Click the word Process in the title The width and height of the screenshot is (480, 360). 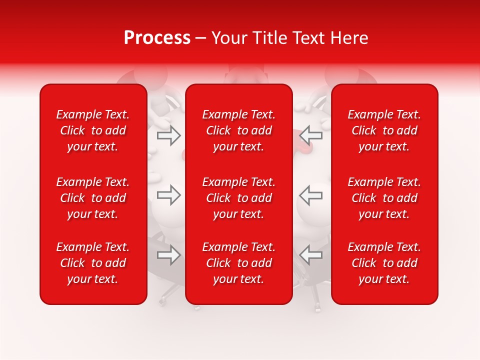click(x=157, y=38)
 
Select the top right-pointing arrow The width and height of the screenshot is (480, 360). click(x=168, y=135)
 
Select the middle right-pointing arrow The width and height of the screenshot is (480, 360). click(x=168, y=195)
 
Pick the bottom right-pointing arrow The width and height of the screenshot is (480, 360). click(x=168, y=255)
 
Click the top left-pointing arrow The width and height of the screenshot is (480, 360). click(x=311, y=135)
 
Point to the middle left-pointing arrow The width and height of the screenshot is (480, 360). click(x=311, y=195)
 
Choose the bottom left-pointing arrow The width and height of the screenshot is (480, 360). click(x=311, y=255)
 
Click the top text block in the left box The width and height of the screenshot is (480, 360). click(x=93, y=130)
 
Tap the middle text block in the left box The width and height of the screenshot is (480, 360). click(x=93, y=198)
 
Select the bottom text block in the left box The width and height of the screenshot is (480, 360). click(x=93, y=263)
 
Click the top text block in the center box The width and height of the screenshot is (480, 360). click(x=239, y=130)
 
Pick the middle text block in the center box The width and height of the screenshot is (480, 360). click(x=239, y=198)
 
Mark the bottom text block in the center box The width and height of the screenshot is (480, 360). click(x=239, y=263)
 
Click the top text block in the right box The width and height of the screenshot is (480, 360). click(x=384, y=130)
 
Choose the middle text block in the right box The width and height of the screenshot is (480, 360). click(x=384, y=198)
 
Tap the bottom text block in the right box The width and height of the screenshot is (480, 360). click(x=384, y=263)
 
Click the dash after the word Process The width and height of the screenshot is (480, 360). click(x=201, y=38)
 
